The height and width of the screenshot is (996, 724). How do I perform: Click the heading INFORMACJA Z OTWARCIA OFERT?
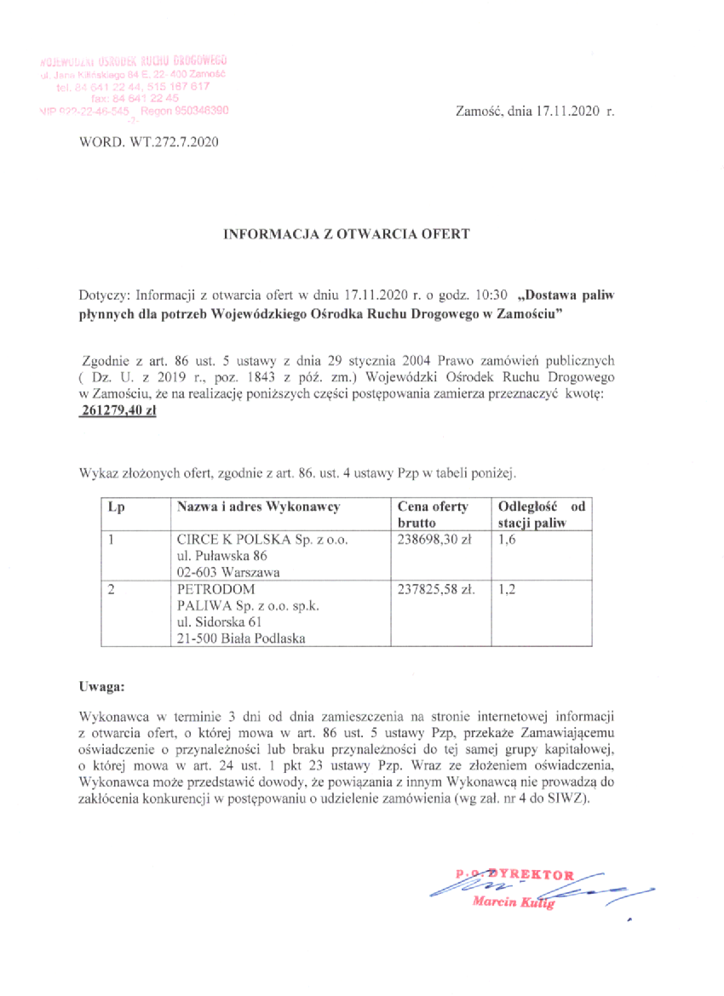(x=346, y=232)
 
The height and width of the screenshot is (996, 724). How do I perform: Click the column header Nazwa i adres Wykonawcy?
(x=258, y=507)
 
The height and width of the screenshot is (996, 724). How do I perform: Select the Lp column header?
(x=116, y=507)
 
